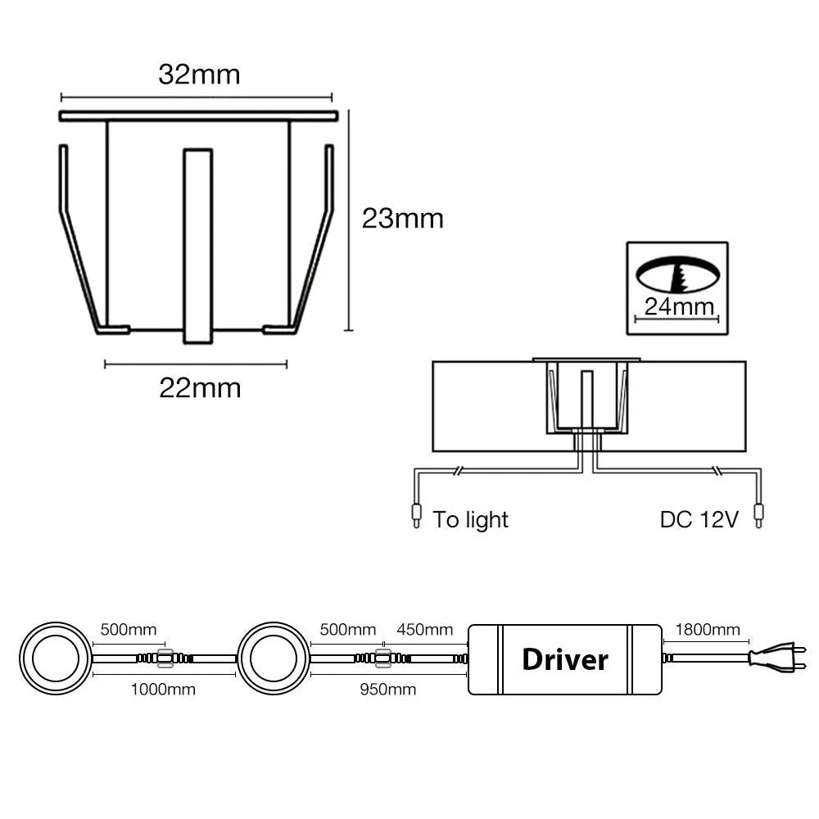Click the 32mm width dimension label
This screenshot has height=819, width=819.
(x=199, y=75)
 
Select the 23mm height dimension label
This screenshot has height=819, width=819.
(x=403, y=219)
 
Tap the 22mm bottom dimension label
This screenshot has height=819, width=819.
(x=200, y=388)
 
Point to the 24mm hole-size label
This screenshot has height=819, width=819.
(x=679, y=306)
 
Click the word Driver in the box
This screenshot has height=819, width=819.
(x=565, y=659)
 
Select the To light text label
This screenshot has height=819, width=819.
(x=471, y=520)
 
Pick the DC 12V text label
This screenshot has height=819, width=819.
(x=699, y=520)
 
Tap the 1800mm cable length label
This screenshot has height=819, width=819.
(x=708, y=629)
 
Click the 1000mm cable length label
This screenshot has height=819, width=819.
(x=163, y=690)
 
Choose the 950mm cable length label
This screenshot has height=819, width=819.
(x=388, y=690)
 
